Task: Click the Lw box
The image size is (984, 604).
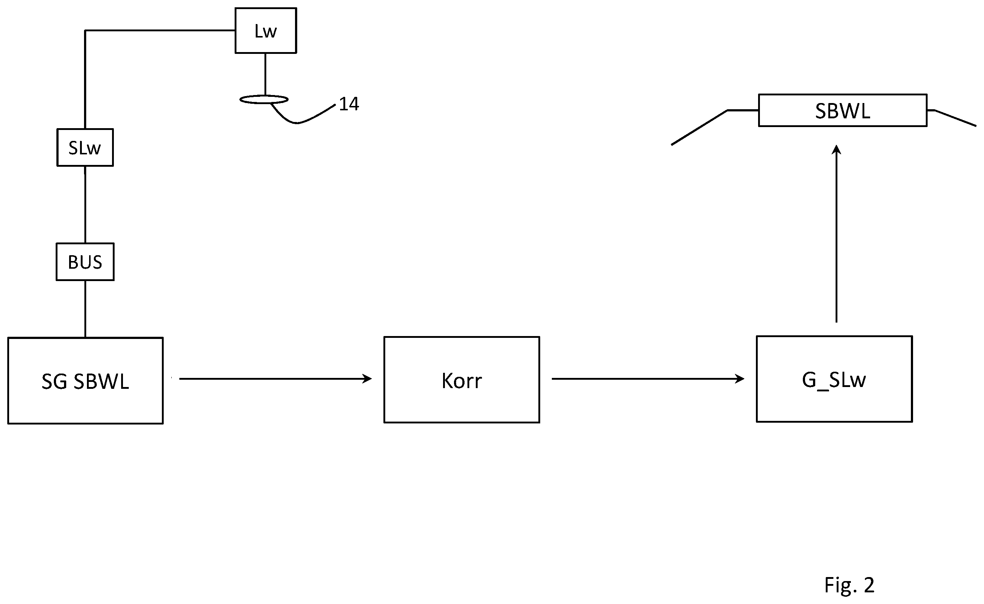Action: click(266, 30)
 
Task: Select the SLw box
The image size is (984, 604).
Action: click(85, 147)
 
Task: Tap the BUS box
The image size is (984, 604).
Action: click(85, 262)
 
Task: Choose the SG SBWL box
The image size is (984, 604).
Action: click(85, 380)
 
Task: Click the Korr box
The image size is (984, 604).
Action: click(462, 380)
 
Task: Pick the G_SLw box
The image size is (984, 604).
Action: click(834, 379)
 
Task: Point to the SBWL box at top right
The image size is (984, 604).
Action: click(842, 110)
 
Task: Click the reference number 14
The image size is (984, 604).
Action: click(348, 104)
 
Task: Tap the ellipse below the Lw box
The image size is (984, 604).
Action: click(264, 99)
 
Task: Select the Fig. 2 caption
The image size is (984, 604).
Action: click(849, 585)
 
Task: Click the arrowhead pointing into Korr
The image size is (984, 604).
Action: click(367, 379)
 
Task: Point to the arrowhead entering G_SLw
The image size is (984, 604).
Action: click(739, 379)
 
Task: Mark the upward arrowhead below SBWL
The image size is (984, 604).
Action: click(836, 150)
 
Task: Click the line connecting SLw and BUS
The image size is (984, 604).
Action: click(85, 205)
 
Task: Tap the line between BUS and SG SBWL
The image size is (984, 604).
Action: click(85, 309)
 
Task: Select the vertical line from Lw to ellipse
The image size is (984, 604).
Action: click(265, 74)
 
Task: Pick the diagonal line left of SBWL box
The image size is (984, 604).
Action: click(699, 127)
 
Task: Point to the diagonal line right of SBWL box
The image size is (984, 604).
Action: click(955, 118)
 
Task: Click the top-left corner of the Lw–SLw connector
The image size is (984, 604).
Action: click(85, 30)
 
